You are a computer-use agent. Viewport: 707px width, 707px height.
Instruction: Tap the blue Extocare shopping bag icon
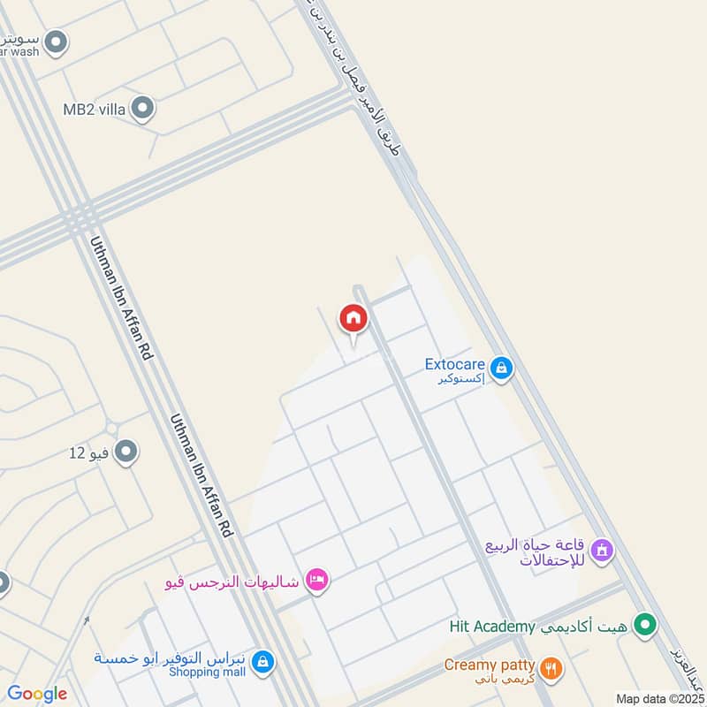click(501, 367)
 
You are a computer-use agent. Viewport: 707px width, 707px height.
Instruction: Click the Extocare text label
click(456, 363)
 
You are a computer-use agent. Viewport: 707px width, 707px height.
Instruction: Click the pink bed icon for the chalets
click(315, 580)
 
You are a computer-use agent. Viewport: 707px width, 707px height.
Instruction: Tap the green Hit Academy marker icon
click(646, 626)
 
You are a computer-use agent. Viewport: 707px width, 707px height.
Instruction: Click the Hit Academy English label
click(492, 627)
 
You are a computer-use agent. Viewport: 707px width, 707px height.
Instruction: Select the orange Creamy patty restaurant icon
click(551, 669)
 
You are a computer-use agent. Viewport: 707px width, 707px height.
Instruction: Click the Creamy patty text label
click(490, 665)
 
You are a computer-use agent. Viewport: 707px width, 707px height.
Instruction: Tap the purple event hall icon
click(603, 551)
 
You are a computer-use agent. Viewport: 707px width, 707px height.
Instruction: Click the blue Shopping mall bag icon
click(262, 660)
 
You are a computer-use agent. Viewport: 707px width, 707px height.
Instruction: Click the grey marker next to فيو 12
click(126, 452)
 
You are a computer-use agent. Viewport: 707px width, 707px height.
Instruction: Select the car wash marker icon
click(57, 42)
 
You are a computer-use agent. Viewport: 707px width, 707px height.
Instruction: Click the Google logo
click(37, 694)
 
